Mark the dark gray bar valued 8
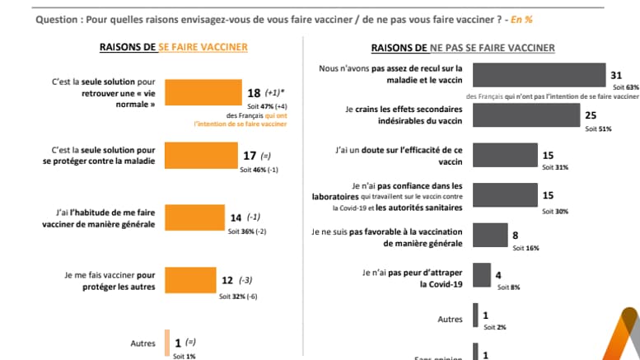[490, 234]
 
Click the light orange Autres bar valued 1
[167, 343]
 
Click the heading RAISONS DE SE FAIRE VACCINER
[173, 47]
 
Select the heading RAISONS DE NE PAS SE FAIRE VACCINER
[463, 47]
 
